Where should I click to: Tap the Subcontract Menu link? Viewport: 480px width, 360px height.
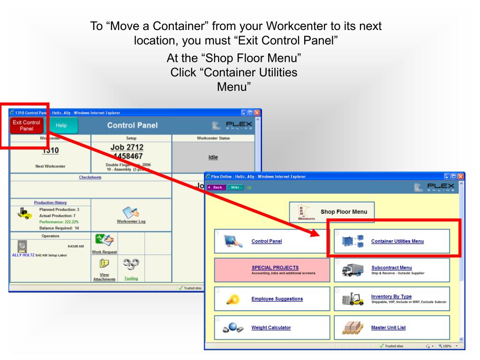point(391,268)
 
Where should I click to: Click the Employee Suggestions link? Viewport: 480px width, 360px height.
point(277,299)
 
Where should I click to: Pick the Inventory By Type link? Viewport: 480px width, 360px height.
point(391,296)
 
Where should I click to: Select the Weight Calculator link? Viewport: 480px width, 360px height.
point(271,327)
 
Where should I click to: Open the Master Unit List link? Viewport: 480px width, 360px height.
point(389,327)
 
